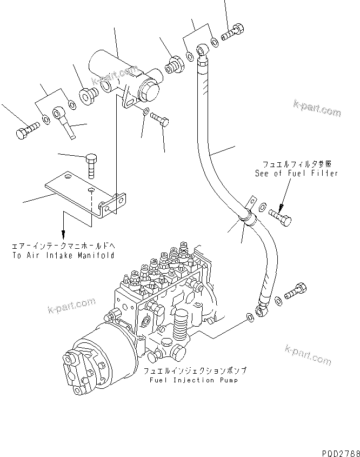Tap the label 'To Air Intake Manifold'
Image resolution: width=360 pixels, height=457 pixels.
click(63, 255)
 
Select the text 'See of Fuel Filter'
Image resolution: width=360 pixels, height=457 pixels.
click(296, 173)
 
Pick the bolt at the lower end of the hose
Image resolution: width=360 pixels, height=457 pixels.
click(296, 292)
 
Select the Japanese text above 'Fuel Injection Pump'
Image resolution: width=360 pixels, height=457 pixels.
click(195, 372)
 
